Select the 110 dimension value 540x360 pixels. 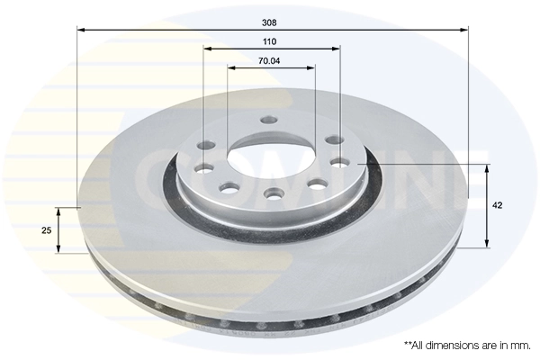pos(270,41)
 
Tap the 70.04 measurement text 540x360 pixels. pos(270,60)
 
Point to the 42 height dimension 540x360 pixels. pos(498,205)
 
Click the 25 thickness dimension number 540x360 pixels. pos(47,230)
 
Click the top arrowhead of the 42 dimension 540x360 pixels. pos(487,168)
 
